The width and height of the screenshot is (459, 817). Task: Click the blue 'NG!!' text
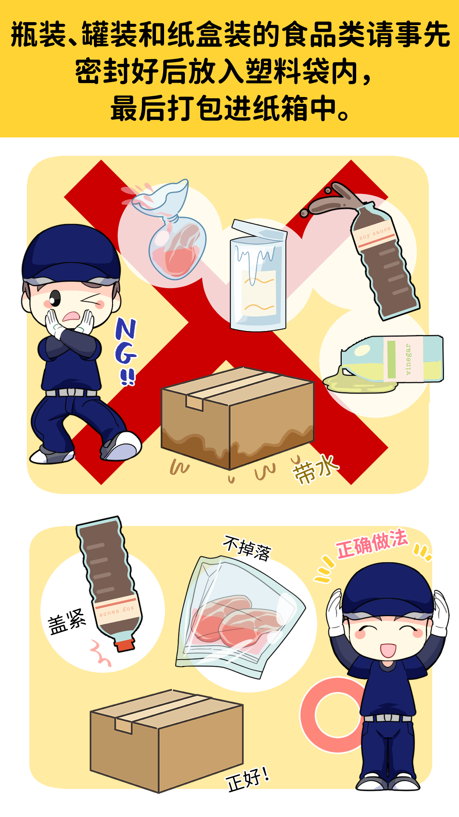126,351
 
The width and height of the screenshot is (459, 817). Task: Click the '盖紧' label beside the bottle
67,622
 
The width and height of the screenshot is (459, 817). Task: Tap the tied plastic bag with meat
170,232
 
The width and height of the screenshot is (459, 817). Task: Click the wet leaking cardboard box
237,419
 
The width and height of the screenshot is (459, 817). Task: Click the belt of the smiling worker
387,718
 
